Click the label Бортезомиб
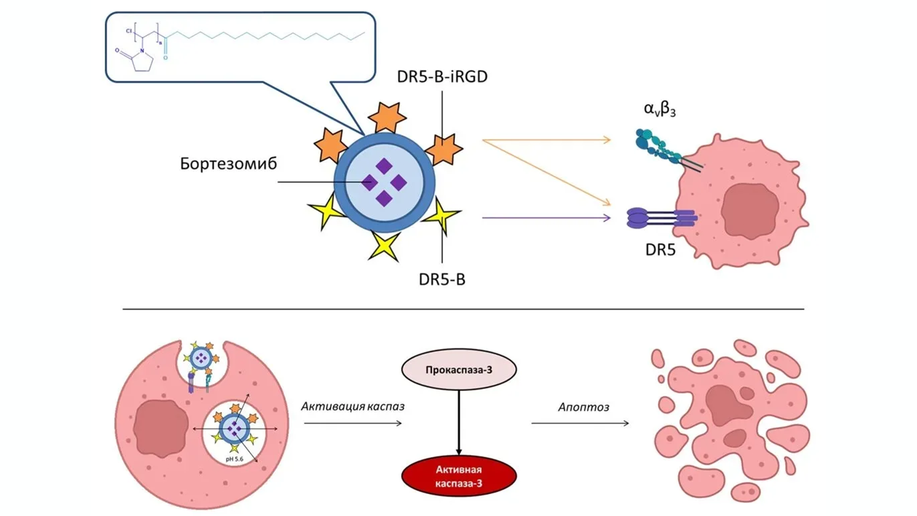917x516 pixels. coord(228,164)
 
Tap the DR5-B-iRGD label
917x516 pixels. coord(442,76)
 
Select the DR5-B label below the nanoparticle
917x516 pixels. coord(442,279)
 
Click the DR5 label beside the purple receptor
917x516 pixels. coord(660,249)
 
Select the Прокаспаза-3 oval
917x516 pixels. coord(458,370)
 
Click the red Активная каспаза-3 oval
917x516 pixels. coord(458,476)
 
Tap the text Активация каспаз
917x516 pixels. coord(352,407)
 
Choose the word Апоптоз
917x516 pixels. coord(583,407)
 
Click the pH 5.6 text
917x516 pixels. coord(235,459)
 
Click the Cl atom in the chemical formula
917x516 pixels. coord(129,31)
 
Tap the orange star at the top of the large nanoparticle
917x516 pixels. coord(386,117)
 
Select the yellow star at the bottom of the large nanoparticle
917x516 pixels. coord(384,246)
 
